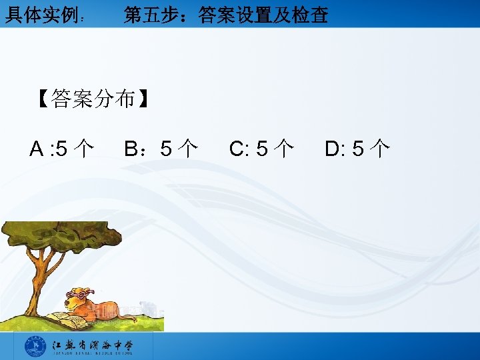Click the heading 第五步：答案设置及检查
[225, 15]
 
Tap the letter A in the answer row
[37, 148]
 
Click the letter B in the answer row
[131, 148]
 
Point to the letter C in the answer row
[237, 148]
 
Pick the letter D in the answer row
[332, 148]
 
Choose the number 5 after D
[358, 148]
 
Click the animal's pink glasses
[79, 293]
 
